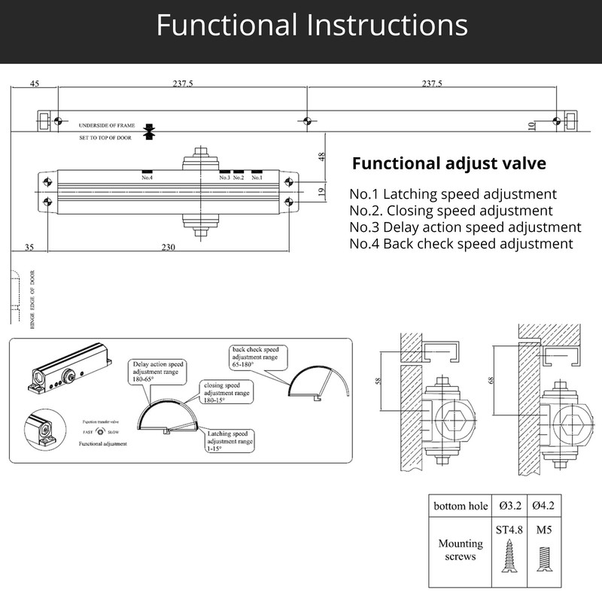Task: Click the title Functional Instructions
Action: point(312,26)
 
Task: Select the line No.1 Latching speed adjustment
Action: point(453,193)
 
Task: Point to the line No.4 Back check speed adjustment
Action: point(461,243)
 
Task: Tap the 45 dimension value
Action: point(34,84)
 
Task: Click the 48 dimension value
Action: point(321,157)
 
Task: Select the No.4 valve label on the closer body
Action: point(147,178)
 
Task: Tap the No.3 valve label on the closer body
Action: point(224,178)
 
